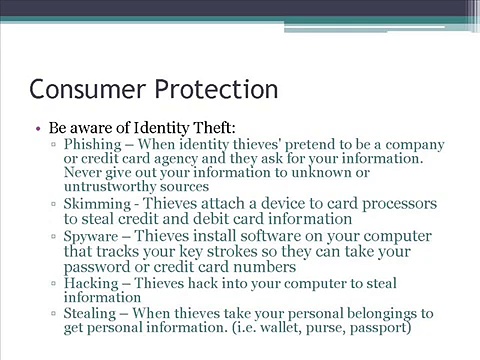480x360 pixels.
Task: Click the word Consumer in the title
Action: (x=88, y=89)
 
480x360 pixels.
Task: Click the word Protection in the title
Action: (x=216, y=89)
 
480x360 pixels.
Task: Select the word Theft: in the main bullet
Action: (x=214, y=127)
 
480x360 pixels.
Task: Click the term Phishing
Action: (x=93, y=145)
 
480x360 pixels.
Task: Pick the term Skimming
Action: (x=97, y=204)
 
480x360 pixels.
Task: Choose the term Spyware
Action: (x=91, y=237)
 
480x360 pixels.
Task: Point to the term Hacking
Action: (x=91, y=284)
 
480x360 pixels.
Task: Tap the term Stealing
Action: (x=90, y=314)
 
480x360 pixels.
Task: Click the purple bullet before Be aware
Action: (x=38, y=128)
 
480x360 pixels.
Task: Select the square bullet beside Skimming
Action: (x=53, y=203)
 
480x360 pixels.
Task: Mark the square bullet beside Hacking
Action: (x=53, y=283)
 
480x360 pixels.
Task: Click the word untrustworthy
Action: (x=110, y=187)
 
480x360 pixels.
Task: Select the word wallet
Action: (x=280, y=327)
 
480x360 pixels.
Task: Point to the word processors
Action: (x=399, y=204)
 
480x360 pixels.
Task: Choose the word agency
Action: (x=176, y=159)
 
